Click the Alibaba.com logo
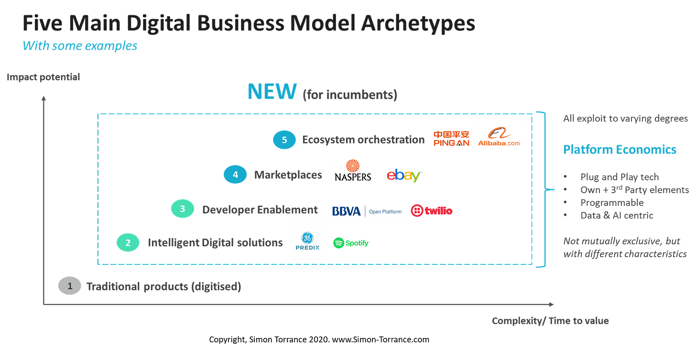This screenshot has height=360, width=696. point(499,136)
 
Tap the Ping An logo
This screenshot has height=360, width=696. point(451,139)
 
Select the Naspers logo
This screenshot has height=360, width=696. point(353,171)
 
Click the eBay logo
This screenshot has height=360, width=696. point(403,175)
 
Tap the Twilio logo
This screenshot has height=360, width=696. point(432,210)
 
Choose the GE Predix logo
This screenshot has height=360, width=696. point(307,241)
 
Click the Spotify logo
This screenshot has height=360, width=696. point(352,243)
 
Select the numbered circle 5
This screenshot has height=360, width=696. point(284,140)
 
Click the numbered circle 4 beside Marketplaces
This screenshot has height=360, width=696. point(235,175)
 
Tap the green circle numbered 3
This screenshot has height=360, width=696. point(182,209)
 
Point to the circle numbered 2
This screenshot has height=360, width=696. point(128,243)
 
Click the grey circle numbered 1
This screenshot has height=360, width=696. point(69,286)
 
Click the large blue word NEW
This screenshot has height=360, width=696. point(272,92)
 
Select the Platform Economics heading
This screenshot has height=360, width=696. point(620,150)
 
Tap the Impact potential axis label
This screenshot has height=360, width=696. point(43,77)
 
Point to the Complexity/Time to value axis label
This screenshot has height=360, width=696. point(550,321)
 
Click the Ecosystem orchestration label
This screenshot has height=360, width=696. point(363,140)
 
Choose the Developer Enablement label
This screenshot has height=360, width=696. point(259,209)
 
